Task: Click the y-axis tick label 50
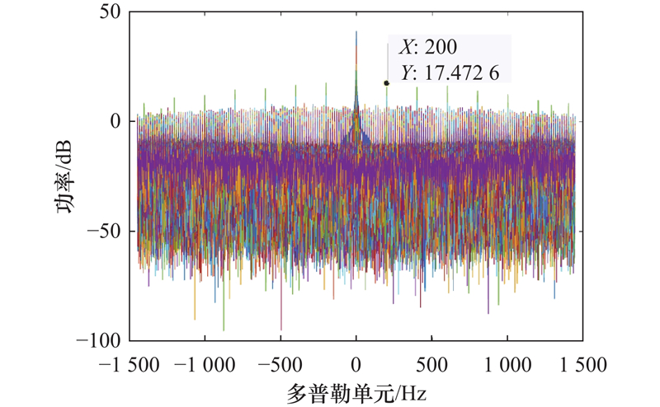110,12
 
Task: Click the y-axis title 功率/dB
64,176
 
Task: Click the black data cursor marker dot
386,82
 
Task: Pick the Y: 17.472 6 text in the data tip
450,73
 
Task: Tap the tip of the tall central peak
356,32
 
